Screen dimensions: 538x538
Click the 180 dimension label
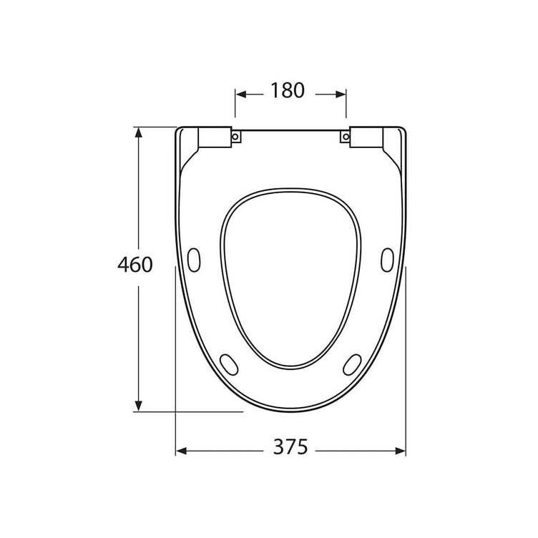pos(288,91)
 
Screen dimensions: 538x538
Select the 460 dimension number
pos(134,265)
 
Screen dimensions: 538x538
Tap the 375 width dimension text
pos(290,446)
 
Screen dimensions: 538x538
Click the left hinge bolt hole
pos(235,137)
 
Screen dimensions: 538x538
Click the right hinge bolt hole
pos(346,137)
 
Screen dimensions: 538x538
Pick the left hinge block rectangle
pos(215,137)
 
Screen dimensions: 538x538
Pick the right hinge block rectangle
pos(366,137)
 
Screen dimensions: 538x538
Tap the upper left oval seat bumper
pos(194,260)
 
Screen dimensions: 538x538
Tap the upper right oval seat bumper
pos(387,260)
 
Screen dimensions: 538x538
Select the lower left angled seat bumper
pos(229,365)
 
